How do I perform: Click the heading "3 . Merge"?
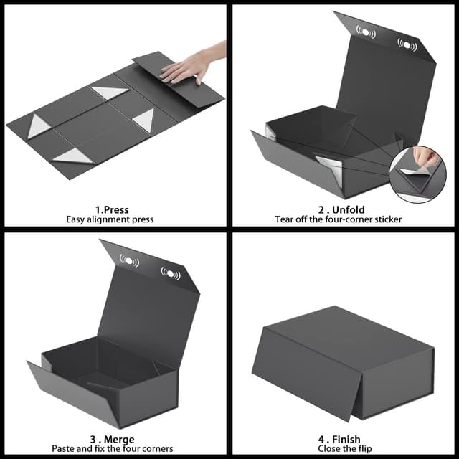point(112,439)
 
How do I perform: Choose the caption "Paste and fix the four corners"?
point(112,449)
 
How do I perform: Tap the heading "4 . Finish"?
point(341,439)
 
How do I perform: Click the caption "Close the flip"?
point(341,449)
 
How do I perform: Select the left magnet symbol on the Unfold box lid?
point(366,31)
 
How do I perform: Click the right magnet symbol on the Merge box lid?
point(171,273)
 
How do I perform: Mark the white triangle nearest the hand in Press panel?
point(110,93)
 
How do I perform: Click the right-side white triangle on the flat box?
point(146,119)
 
